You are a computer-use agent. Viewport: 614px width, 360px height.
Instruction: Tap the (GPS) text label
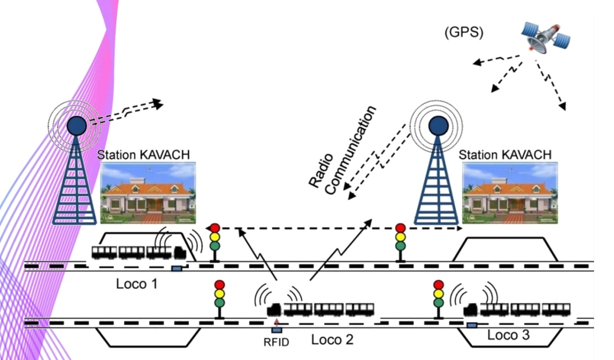click(464, 33)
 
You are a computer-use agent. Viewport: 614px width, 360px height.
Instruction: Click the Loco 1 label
click(137, 285)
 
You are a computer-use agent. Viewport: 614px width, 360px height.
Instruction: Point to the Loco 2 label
click(332, 339)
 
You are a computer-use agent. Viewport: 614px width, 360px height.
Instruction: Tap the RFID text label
click(277, 342)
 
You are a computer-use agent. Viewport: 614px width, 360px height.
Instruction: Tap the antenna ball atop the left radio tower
click(76, 124)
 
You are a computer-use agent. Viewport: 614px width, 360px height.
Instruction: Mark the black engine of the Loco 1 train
click(180, 252)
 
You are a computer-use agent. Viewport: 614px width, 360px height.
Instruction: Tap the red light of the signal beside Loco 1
click(214, 227)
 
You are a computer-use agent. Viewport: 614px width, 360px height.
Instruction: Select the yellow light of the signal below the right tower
click(400, 237)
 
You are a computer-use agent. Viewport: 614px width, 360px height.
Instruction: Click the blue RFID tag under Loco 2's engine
click(277, 330)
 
